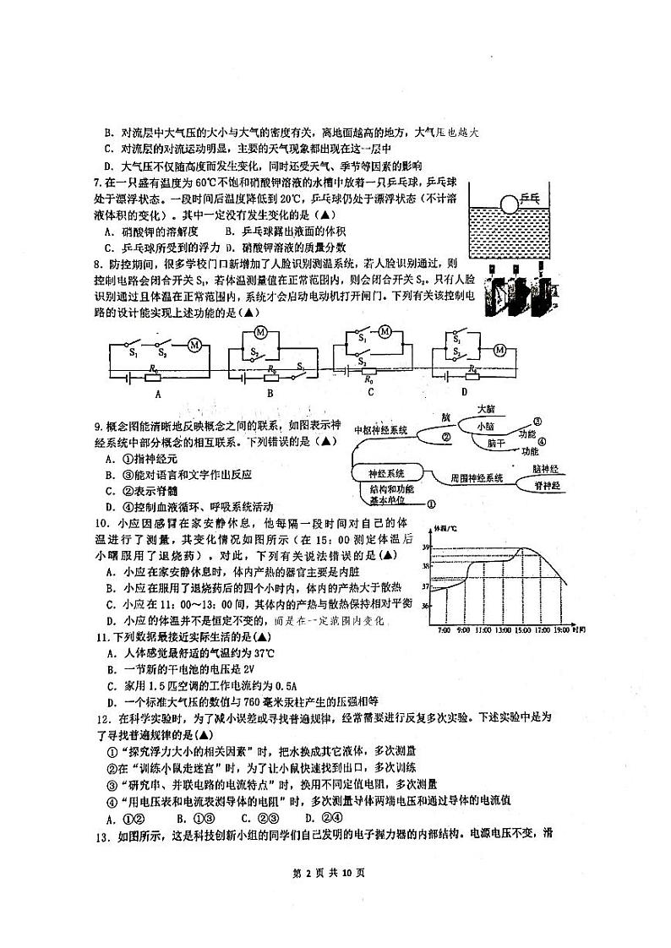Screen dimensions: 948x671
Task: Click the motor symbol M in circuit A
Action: [x=194, y=344]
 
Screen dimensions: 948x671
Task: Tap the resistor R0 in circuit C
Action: [x=368, y=371]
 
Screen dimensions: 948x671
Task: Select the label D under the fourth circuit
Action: [x=464, y=392]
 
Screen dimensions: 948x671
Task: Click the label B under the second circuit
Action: [x=270, y=392]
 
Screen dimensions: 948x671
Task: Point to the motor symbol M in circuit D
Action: [x=499, y=350]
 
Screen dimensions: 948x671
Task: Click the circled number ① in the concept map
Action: [x=431, y=504]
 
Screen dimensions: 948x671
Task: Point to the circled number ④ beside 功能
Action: [x=542, y=441]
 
